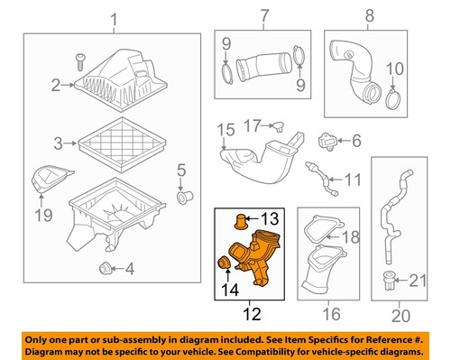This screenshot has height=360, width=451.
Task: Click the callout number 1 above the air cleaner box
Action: pyautogui.click(x=113, y=19)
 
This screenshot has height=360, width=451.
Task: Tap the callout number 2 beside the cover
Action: pyautogui.click(x=56, y=85)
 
